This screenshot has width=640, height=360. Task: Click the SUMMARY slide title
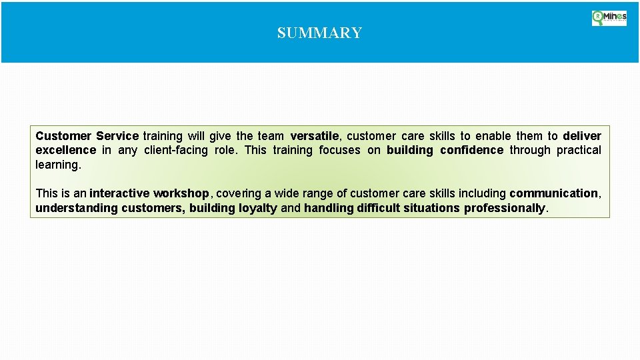click(319, 33)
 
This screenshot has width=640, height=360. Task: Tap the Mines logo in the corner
click(609, 18)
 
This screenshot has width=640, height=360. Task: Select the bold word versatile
click(315, 136)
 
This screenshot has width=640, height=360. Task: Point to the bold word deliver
click(582, 136)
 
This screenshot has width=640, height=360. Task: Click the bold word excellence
click(65, 150)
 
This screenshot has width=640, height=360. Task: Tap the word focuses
click(339, 150)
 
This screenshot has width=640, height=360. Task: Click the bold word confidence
click(471, 150)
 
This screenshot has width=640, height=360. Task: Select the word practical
click(579, 150)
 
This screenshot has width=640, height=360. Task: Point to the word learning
click(57, 165)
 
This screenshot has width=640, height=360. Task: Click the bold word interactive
click(119, 193)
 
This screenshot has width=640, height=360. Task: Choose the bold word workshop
click(181, 193)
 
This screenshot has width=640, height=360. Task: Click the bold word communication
click(553, 193)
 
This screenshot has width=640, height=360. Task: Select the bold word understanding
click(75, 208)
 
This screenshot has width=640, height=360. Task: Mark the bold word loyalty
click(257, 208)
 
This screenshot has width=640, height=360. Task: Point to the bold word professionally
click(505, 208)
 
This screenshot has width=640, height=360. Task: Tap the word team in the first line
click(271, 136)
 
